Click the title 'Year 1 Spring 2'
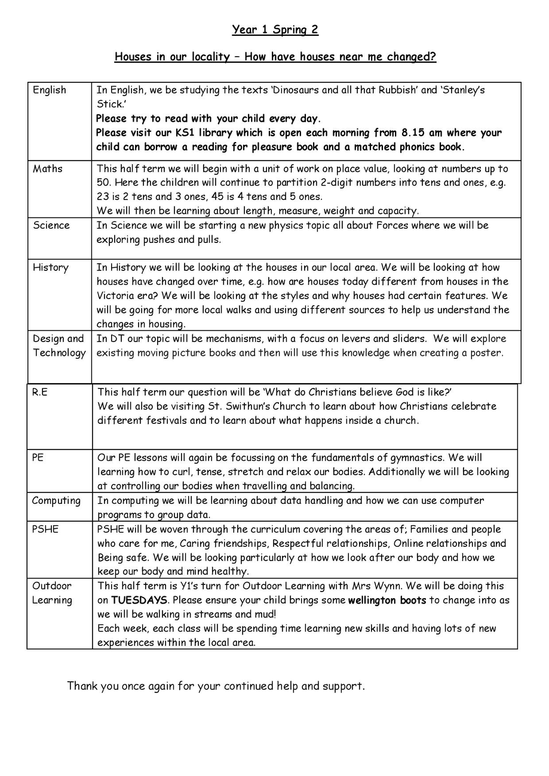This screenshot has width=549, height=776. [x=275, y=30]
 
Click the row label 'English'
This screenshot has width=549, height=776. [x=50, y=90]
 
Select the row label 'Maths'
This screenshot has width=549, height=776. [x=47, y=168]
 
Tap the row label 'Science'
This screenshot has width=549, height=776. [x=51, y=225]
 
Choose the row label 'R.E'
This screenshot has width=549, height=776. [x=39, y=392]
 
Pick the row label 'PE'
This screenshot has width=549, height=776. [x=38, y=457]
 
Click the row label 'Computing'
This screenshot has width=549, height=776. [x=56, y=501]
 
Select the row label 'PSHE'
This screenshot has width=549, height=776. [x=45, y=529]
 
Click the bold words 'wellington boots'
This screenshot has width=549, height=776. [x=387, y=600]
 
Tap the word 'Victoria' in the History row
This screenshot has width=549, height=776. [x=116, y=295]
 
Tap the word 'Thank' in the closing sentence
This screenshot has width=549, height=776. [x=82, y=686]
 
